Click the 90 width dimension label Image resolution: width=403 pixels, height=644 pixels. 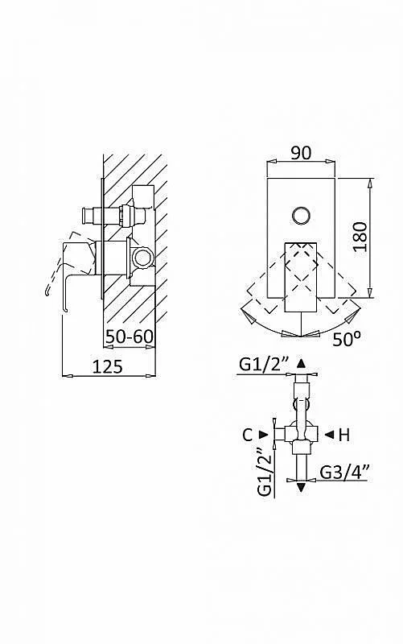301,153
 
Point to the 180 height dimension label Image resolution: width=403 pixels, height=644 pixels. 360,237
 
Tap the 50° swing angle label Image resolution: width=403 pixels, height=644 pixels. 347,338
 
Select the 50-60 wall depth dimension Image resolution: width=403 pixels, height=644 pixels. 130,336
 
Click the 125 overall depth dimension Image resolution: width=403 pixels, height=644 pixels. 107,366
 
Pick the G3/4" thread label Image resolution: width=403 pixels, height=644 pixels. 345,472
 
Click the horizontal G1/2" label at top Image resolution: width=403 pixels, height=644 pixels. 265,365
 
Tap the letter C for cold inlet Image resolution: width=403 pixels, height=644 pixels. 248,435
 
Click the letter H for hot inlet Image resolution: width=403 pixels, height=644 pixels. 344,435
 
